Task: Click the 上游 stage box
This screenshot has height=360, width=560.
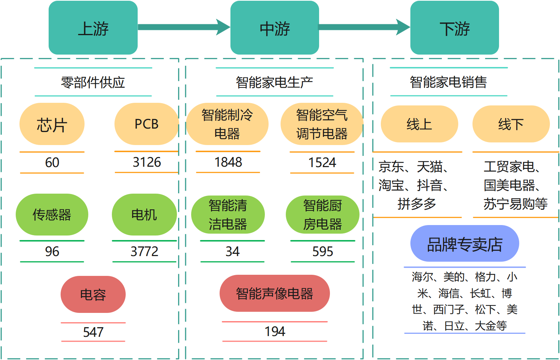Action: point(93,28)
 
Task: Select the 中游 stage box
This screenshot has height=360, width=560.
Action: point(275,28)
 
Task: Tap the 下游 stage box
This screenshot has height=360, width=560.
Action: point(455,28)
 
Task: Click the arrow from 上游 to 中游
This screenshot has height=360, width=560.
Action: point(183,27)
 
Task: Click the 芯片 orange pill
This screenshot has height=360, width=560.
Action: point(52,124)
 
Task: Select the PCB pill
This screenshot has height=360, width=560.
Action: point(146,124)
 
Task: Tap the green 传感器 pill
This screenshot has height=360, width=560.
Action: point(52,215)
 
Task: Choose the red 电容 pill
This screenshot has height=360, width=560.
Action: point(93,295)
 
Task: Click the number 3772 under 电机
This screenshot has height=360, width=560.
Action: point(144,251)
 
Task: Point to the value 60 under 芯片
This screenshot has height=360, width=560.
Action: point(52,163)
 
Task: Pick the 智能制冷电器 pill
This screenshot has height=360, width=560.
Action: point(227,124)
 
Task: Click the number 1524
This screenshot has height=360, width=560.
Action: point(322,163)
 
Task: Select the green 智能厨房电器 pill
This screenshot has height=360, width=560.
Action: point(322,215)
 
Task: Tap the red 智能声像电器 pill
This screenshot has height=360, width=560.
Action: point(275,293)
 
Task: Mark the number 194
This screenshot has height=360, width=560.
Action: point(275,332)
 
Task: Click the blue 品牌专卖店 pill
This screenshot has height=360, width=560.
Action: point(465,244)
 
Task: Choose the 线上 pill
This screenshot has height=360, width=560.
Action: point(419,124)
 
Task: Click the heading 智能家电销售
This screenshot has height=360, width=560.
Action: point(448,82)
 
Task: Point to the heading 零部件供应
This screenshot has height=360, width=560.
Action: point(93,82)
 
